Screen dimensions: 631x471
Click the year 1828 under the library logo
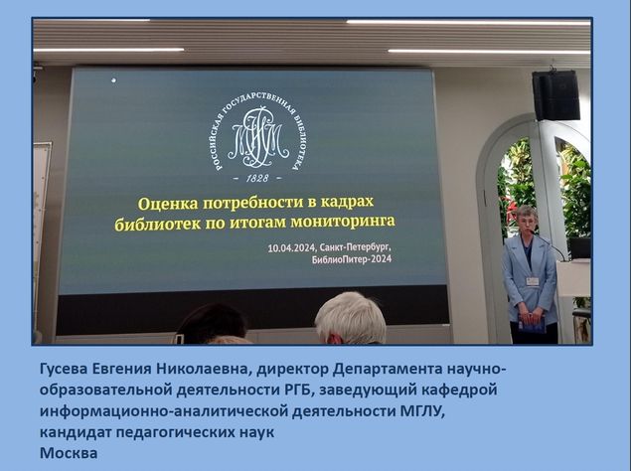pyautogui.click(x=257, y=178)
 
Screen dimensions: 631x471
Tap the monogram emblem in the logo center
pyautogui.click(x=258, y=137)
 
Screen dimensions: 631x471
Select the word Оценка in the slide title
pyautogui.click(x=168, y=204)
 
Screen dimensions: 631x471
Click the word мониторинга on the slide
pyautogui.click(x=343, y=221)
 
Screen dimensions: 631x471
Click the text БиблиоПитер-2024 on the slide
pyautogui.click(x=352, y=259)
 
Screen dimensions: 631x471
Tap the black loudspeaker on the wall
pyautogui.click(x=555, y=95)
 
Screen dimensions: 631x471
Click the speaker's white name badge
pyautogui.click(x=533, y=281)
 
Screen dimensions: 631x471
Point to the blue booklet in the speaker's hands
pyautogui.click(x=532, y=323)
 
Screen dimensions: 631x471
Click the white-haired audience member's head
pyautogui.click(x=350, y=318)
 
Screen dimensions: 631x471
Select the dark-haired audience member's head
pyautogui.click(x=212, y=324)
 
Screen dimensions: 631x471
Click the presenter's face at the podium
pyautogui.click(x=527, y=223)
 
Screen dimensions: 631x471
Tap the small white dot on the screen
pyautogui.click(x=114, y=80)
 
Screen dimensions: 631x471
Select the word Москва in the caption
pyautogui.click(x=69, y=453)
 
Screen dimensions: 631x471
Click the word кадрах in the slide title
pyautogui.click(x=347, y=202)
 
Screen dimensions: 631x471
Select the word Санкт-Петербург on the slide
pyautogui.click(x=358, y=246)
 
